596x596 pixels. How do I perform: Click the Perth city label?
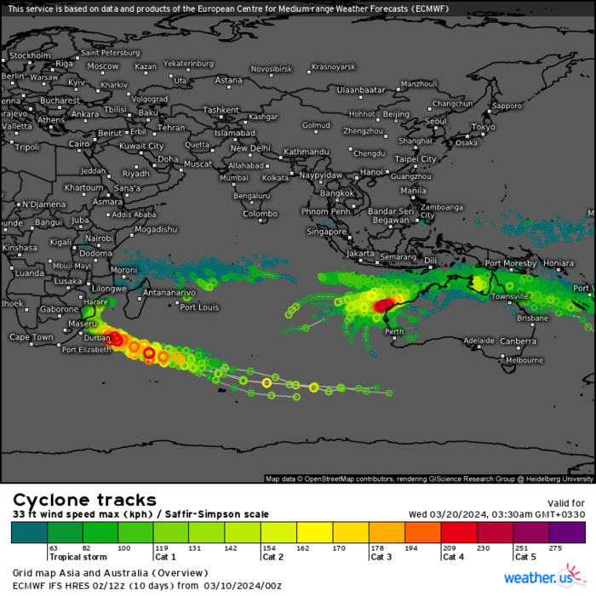393,331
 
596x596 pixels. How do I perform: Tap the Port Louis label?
198,307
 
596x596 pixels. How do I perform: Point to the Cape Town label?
32,337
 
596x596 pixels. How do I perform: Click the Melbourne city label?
524,360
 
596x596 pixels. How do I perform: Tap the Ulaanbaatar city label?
361,89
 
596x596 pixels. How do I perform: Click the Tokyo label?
483,127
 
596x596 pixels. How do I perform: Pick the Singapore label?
327,231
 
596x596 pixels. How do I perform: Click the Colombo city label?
261,214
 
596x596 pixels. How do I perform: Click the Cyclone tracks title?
84,500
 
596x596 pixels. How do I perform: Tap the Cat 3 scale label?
381,557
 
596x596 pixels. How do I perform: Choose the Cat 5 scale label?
525,557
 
